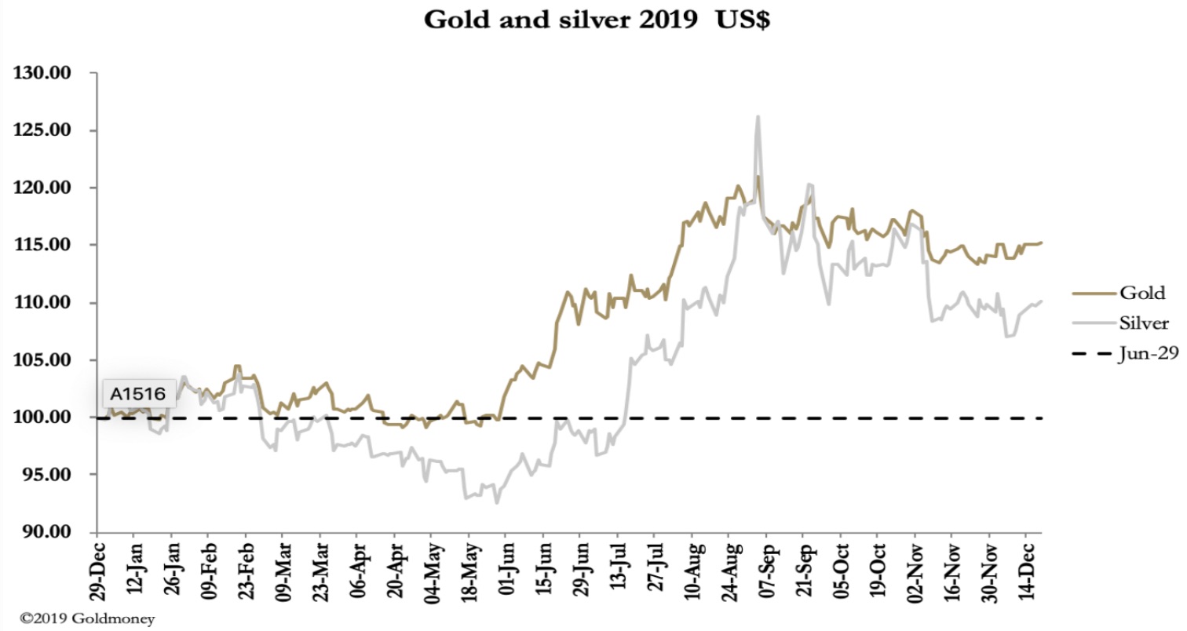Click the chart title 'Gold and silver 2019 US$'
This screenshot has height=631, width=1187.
click(x=597, y=20)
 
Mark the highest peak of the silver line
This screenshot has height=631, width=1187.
click(x=758, y=117)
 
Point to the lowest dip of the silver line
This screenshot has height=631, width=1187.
click(x=496, y=503)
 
